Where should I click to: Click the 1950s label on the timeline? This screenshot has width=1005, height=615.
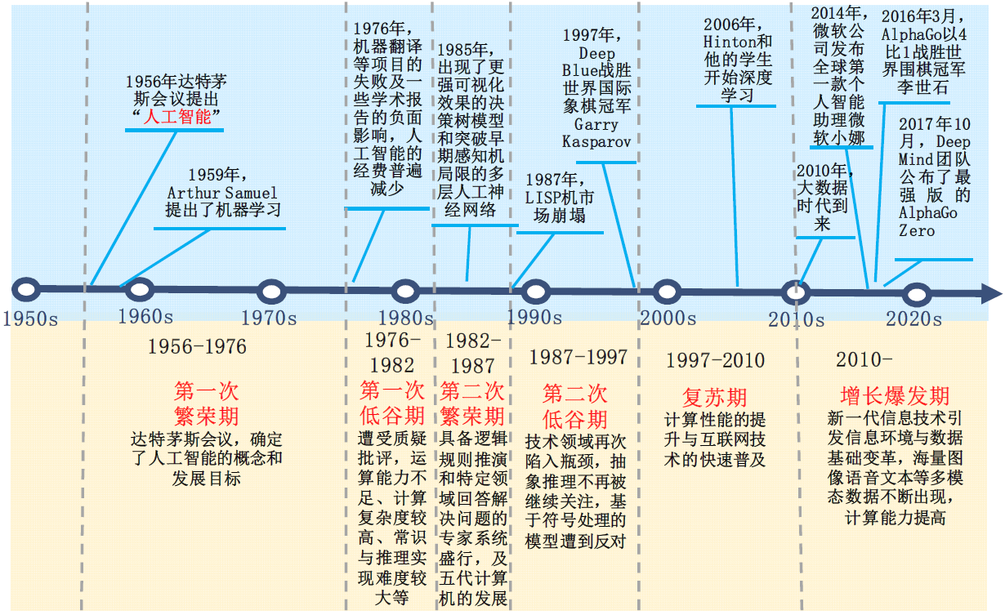click(30, 319)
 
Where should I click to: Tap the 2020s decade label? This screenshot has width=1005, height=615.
click(913, 319)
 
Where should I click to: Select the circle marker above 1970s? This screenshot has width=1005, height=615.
click(270, 290)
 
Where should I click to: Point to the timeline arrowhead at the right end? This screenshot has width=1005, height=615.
click(990, 293)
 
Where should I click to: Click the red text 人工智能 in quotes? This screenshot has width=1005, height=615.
click(176, 117)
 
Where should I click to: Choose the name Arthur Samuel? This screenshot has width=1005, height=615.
click(222, 193)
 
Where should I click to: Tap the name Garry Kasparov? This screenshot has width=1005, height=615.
click(596, 133)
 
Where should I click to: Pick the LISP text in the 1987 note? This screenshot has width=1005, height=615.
click(543, 198)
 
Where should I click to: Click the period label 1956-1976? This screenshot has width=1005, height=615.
click(197, 346)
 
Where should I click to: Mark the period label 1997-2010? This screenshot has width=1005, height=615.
click(715, 360)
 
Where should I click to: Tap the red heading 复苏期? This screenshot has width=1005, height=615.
click(715, 398)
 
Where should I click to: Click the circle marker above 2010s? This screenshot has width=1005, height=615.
click(794, 291)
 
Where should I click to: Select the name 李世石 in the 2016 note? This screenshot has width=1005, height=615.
click(922, 87)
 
